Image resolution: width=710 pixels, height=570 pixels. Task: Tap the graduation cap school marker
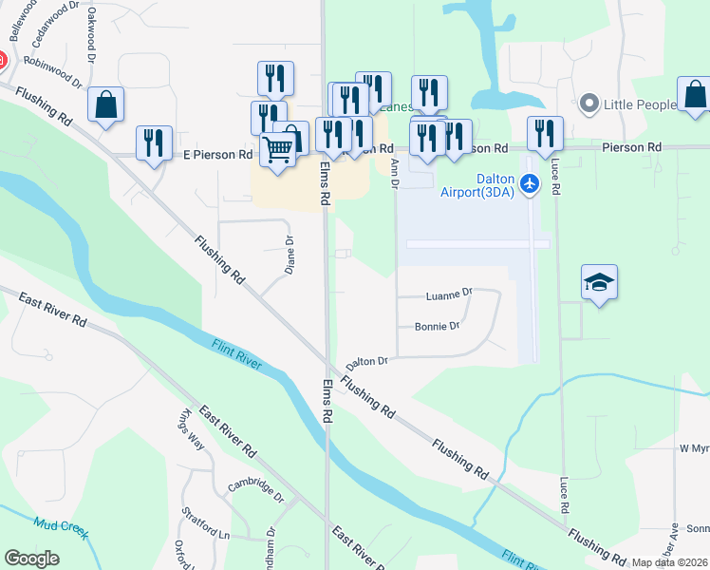coord(599,282)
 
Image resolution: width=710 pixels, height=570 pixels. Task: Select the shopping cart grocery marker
coord(277,148)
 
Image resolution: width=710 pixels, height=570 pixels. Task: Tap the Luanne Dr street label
coord(449,294)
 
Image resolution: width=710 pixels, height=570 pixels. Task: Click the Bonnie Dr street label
coord(437,327)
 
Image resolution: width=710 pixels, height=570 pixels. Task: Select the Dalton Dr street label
coord(367,362)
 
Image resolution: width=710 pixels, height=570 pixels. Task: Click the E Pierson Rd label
coord(217,153)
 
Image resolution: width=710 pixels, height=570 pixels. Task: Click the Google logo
coord(31,558)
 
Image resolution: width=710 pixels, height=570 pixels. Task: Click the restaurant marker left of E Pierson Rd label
coord(154,142)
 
